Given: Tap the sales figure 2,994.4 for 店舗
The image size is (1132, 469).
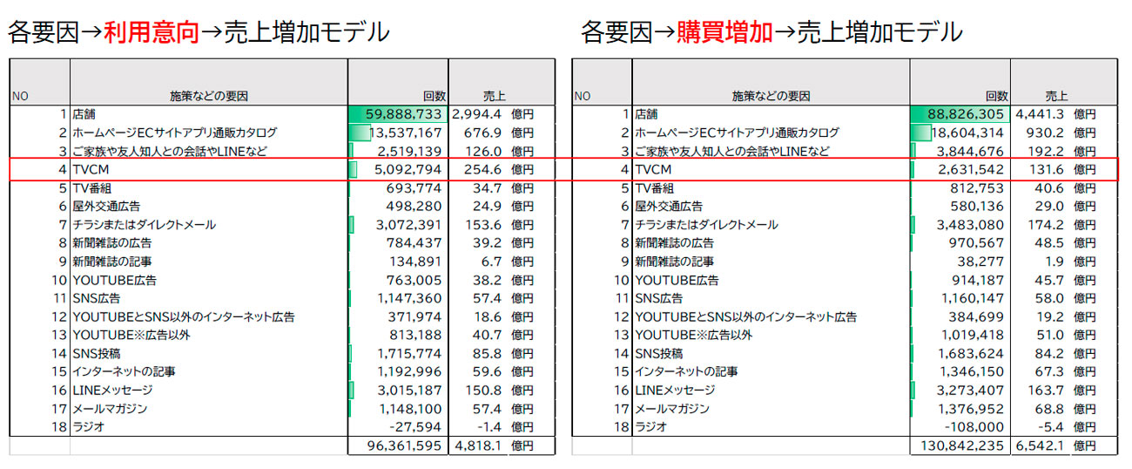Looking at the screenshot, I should (x=477, y=114).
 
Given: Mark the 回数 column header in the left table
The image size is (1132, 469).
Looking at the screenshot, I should (x=434, y=96).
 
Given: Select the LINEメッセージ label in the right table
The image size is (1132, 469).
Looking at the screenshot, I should (x=675, y=391).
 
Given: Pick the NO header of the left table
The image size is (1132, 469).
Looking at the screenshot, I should (x=19, y=96).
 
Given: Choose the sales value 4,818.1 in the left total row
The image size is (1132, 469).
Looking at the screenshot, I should (x=477, y=445).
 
